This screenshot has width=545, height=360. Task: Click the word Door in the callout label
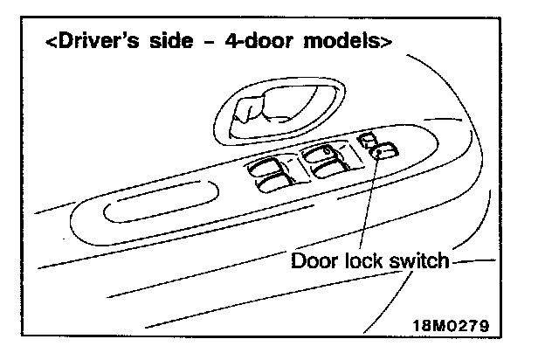[x=313, y=260]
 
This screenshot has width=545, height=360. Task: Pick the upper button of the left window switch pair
[x=267, y=167]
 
